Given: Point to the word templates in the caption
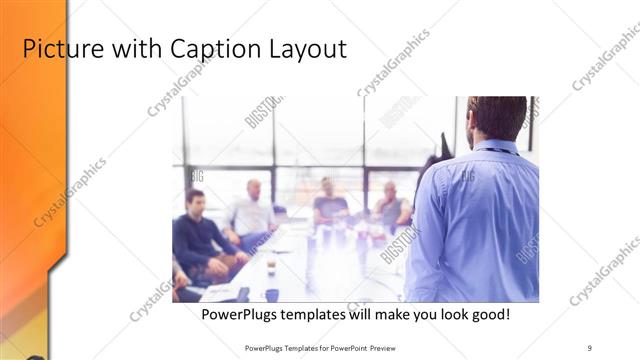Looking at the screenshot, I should click(318, 314).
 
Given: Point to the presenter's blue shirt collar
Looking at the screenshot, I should click(497, 148).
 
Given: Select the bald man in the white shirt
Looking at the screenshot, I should click(252, 212).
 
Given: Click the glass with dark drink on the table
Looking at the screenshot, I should click(271, 266).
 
